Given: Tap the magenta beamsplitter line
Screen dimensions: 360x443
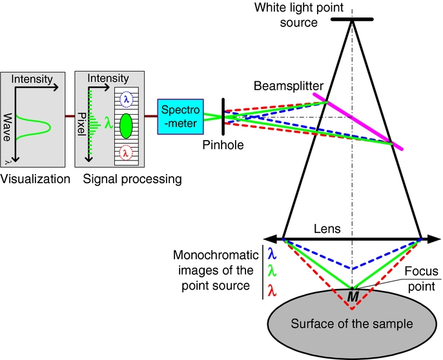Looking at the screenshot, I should point(359,122).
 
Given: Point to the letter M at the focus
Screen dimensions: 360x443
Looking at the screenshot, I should point(353,295).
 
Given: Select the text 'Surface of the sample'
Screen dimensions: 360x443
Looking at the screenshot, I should point(352,323).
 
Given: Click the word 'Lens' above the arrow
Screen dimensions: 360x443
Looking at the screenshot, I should point(326,229).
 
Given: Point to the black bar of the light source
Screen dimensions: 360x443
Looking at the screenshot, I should point(352,19).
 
